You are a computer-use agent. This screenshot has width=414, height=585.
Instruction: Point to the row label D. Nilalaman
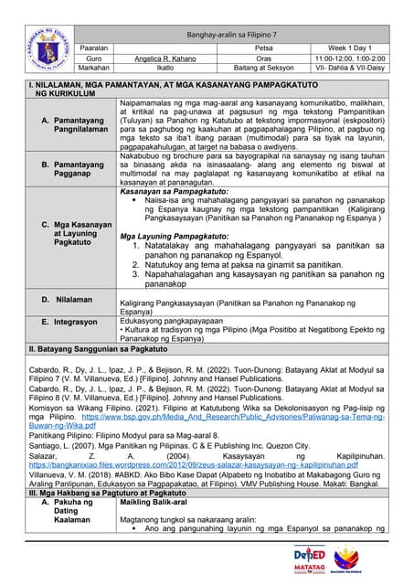(71, 299)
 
